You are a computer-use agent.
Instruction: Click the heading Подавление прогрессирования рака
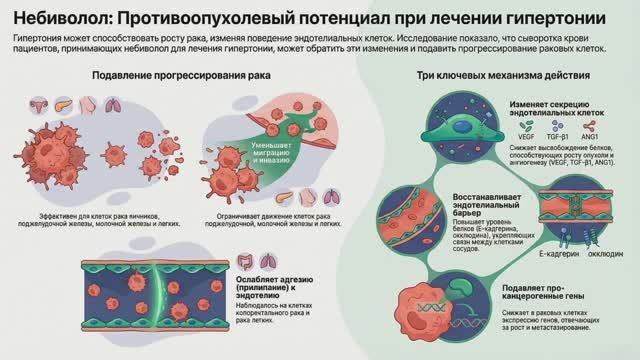click(x=162, y=76)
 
